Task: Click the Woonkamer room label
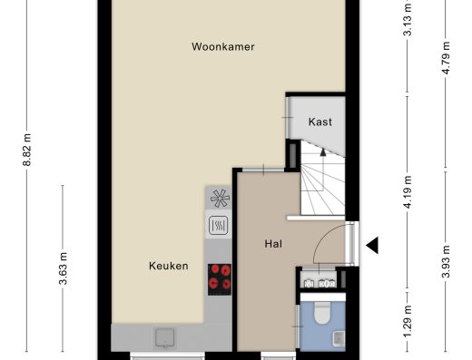tap(223, 47)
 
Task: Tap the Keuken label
tap(169, 266)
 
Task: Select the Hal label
tap(273, 244)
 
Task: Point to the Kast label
tap(320, 122)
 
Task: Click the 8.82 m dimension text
tap(27, 150)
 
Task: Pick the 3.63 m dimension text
tap(63, 268)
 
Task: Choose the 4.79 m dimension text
tap(446, 58)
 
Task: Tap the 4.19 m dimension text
tap(408, 192)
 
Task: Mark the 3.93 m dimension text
tap(446, 261)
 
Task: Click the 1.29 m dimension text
tap(408, 322)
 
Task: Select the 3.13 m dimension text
tap(408, 19)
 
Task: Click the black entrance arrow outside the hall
tap(372, 245)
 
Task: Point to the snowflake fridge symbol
tap(220, 199)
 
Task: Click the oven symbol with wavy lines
tap(219, 225)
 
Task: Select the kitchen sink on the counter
tap(165, 337)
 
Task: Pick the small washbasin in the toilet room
tap(339, 338)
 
